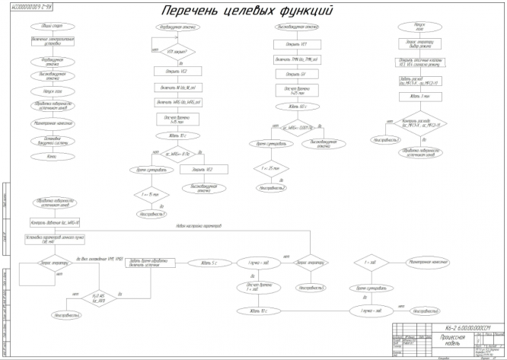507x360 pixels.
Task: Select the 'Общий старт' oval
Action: click(x=52, y=27)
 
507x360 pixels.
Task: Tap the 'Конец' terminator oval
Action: click(x=52, y=156)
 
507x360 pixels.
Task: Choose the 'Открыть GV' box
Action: click(x=290, y=74)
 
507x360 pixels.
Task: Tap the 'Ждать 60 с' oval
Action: click(x=290, y=107)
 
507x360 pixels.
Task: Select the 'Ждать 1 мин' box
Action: click(x=419, y=96)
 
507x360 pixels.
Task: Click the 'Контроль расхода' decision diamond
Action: click(x=419, y=124)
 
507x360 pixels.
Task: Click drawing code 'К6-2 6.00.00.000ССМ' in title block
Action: click(x=465, y=325)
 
